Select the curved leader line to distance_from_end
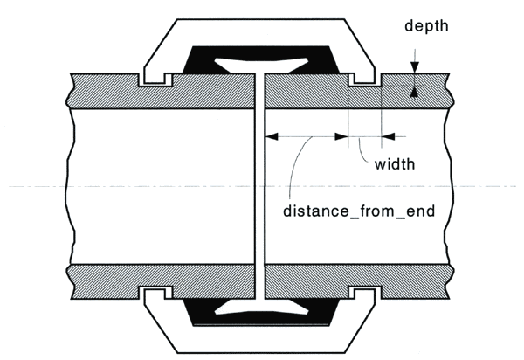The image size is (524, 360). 297,166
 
